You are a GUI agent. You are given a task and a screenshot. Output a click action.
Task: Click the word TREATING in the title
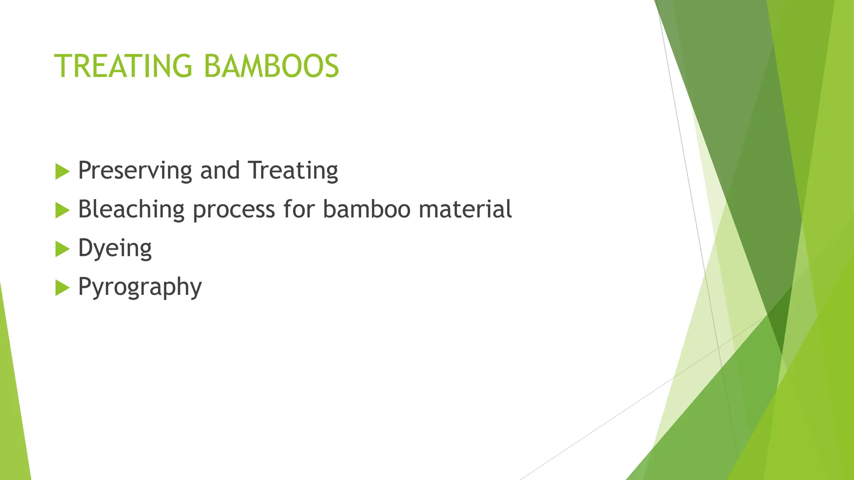click(x=123, y=66)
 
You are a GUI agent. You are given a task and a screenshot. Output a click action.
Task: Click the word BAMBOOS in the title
click(x=271, y=66)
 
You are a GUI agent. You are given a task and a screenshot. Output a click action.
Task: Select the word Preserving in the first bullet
click(x=135, y=171)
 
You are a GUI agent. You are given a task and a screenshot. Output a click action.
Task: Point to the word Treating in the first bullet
click(x=293, y=171)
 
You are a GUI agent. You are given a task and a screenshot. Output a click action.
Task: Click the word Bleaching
click(x=131, y=209)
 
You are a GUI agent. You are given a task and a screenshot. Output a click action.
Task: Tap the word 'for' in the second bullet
click(x=299, y=209)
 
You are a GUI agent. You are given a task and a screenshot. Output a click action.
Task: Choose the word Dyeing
click(x=115, y=249)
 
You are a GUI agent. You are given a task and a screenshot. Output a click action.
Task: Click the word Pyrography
click(x=140, y=287)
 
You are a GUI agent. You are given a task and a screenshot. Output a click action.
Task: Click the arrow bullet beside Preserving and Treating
click(x=62, y=172)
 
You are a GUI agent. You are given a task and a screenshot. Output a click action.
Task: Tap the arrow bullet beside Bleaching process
click(x=62, y=210)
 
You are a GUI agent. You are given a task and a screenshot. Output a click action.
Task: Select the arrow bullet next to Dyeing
click(x=62, y=249)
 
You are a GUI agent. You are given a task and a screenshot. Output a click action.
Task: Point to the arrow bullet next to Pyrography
click(x=62, y=288)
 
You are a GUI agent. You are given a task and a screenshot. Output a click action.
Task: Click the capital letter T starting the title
click(x=63, y=66)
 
